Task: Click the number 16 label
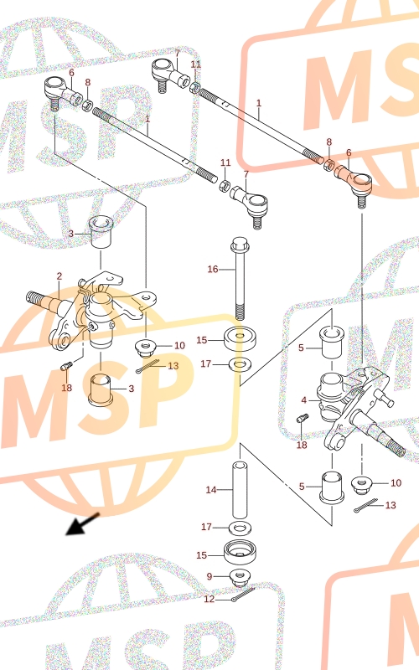[x=213, y=269]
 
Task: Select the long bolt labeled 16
[x=239, y=279]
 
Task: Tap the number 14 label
[x=211, y=490]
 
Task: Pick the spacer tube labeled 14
[x=240, y=490]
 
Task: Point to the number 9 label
[x=209, y=576]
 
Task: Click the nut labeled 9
[x=240, y=578]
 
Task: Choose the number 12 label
[x=209, y=599]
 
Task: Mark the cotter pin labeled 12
[x=243, y=595]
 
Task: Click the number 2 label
[x=59, y=276]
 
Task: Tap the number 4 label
[x=304, y=400]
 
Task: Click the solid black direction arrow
[x=82, y=524]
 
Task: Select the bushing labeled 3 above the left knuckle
[x=101, y=232]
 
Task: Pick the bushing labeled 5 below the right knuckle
[x=332, y=486]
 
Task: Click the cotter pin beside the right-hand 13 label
[x=365, y=505]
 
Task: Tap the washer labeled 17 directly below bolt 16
[x=240, y=364]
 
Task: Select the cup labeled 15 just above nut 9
[x=240, y=553]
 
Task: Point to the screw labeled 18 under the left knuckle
[x=67, y=365]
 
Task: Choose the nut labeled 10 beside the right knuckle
[x=362, y=484]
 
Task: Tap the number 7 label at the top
[x=178, y=54]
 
